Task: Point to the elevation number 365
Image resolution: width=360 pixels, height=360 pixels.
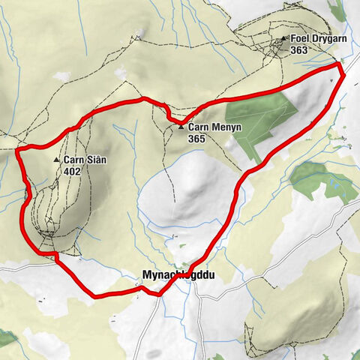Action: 197,138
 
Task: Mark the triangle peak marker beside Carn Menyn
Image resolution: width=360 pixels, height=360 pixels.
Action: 181,127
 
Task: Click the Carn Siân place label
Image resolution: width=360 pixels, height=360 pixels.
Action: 84,160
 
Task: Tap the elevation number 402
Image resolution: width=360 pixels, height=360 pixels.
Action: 72,170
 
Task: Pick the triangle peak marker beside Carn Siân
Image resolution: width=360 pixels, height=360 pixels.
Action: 56,160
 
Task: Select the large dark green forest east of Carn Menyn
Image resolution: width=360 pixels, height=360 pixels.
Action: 262,120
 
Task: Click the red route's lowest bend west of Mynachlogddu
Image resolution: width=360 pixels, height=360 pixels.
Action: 94,295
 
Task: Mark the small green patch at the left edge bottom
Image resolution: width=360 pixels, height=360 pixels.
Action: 6,339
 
